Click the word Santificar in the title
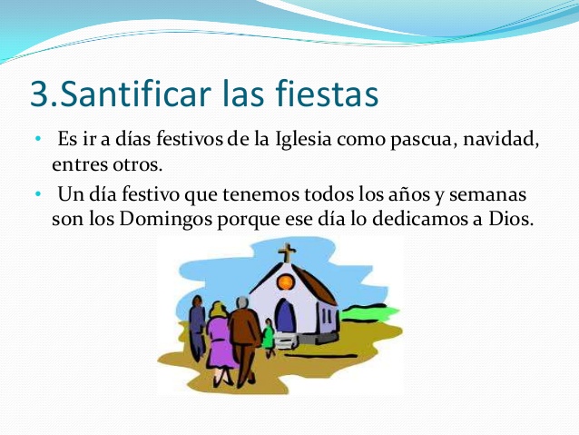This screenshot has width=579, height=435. [x=135, y=93]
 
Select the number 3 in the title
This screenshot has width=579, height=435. [x=39, y=94]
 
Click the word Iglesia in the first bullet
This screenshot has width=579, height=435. [x=303, y=141]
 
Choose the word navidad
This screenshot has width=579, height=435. [x=499, y=140]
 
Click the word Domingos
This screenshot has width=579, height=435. [x=166, y=220]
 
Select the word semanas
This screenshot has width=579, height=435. [x=487, y=194]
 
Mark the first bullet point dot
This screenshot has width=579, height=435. [x=38, y=139]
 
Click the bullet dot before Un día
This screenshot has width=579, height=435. [x=38, y=194]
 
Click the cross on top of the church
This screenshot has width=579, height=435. [x=287, y=252]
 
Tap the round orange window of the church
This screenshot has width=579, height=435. [x=286, y=282]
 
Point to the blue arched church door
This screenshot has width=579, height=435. [x=285, y=315]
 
